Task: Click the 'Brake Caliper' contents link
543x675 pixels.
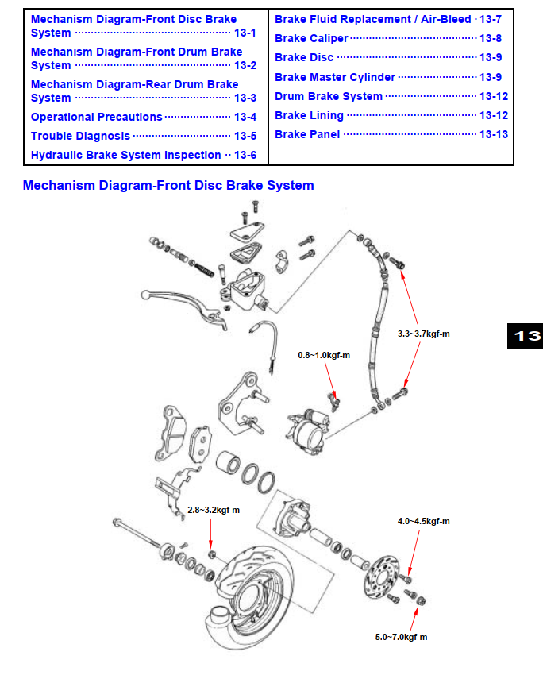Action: [311, 38]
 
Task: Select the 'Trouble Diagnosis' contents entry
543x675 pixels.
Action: [80, 136]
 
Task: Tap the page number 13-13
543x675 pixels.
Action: [494, 134]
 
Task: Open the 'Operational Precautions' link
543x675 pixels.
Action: [96, 117]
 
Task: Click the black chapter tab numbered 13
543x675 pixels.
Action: [525, 336]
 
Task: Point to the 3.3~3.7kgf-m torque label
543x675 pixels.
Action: [423, 334]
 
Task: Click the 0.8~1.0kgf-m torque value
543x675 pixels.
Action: [324, 355]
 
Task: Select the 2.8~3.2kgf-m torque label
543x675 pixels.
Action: [214, 510]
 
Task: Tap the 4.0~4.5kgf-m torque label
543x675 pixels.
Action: [423, 522]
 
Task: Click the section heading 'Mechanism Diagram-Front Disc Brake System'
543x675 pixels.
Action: [168, 186]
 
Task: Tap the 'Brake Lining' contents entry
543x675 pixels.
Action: [309, 115]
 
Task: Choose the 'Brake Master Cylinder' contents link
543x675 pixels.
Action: [335, 77]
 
